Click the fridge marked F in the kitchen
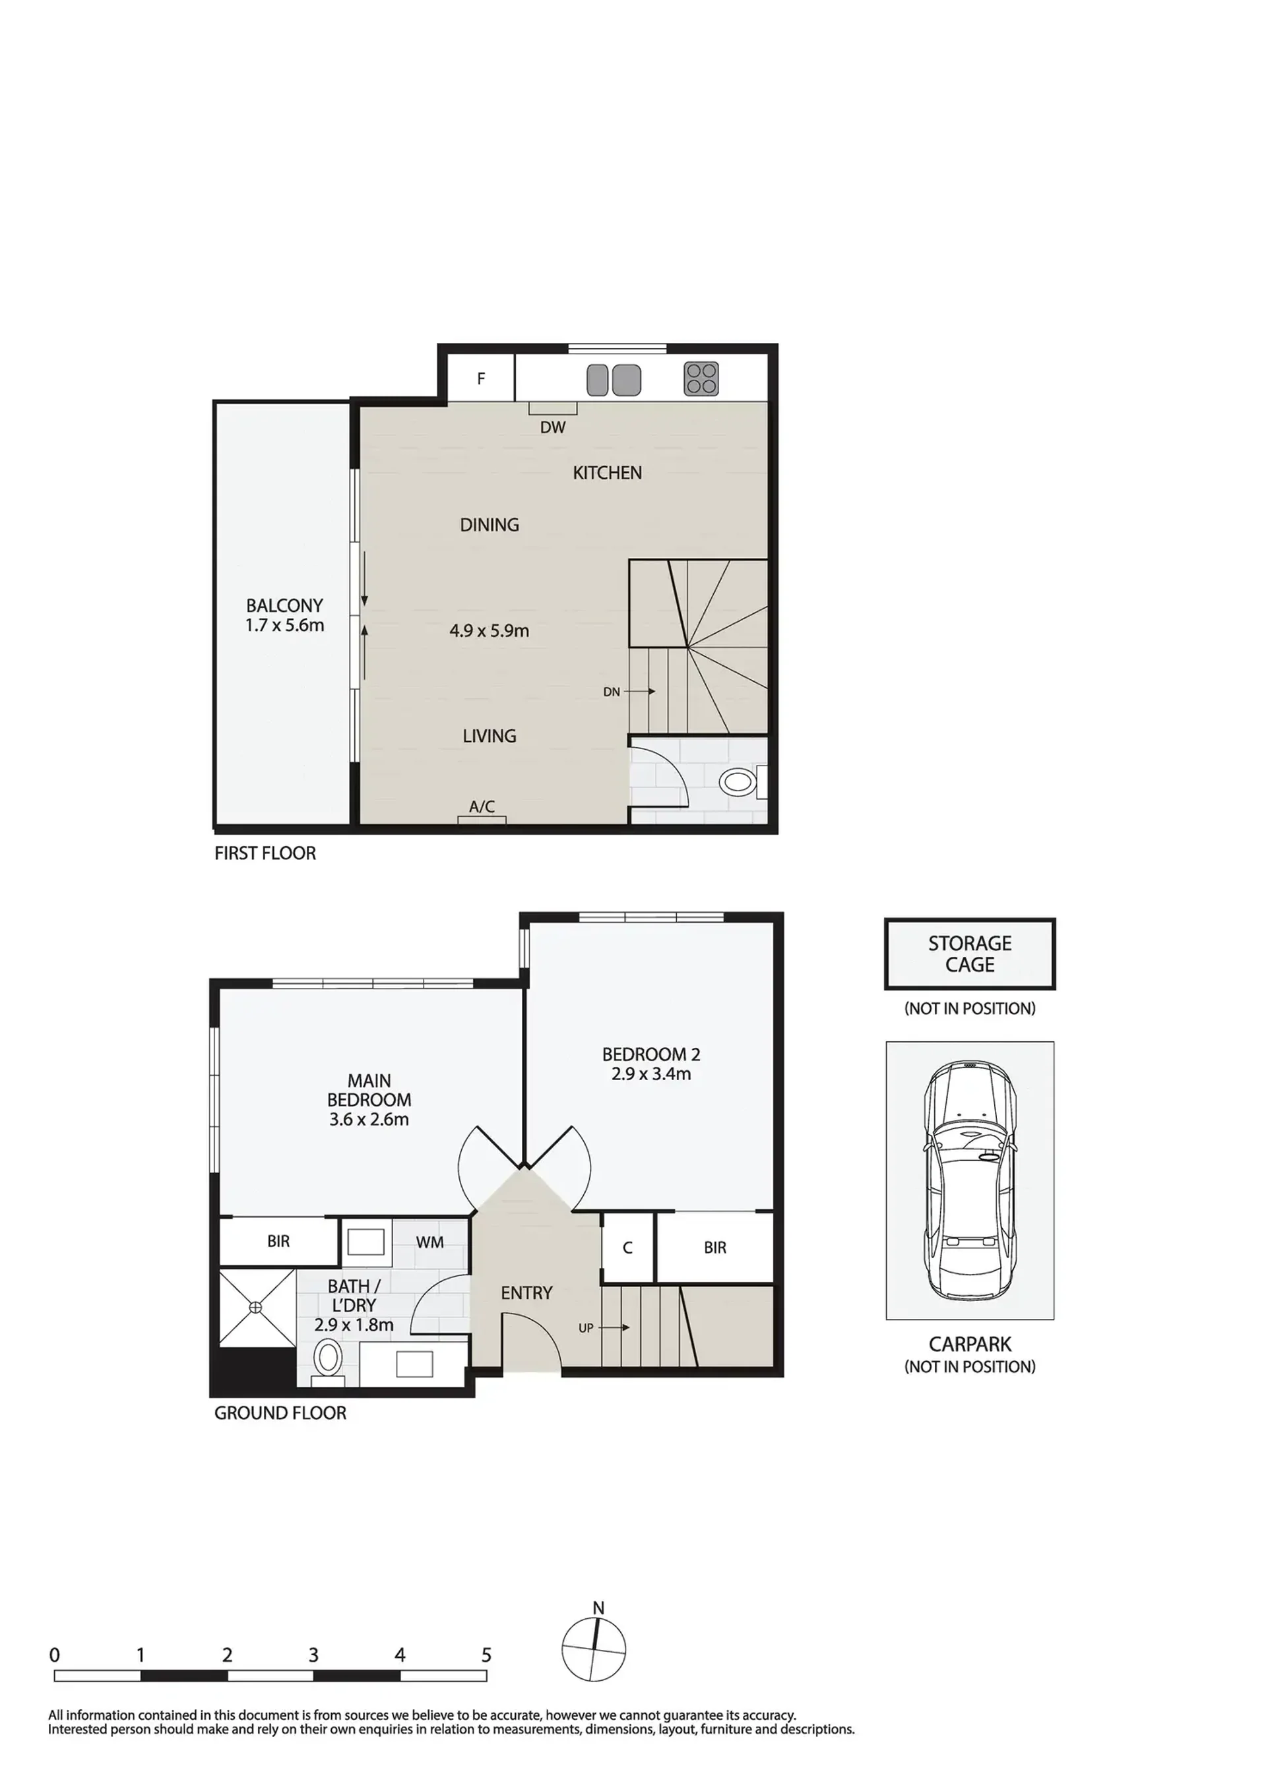[481, 379]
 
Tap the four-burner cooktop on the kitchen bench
[701, 379]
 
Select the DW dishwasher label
[553, 427]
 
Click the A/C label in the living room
[482, 806]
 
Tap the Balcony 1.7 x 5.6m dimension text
[285, 626]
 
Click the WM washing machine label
[429, 1242]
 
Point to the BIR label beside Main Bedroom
[278, 1241]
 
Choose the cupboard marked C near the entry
[627, 1248]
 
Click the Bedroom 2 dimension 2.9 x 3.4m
[651, 1074]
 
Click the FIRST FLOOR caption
[265, 853]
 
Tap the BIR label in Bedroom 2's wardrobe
[715, 1248]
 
